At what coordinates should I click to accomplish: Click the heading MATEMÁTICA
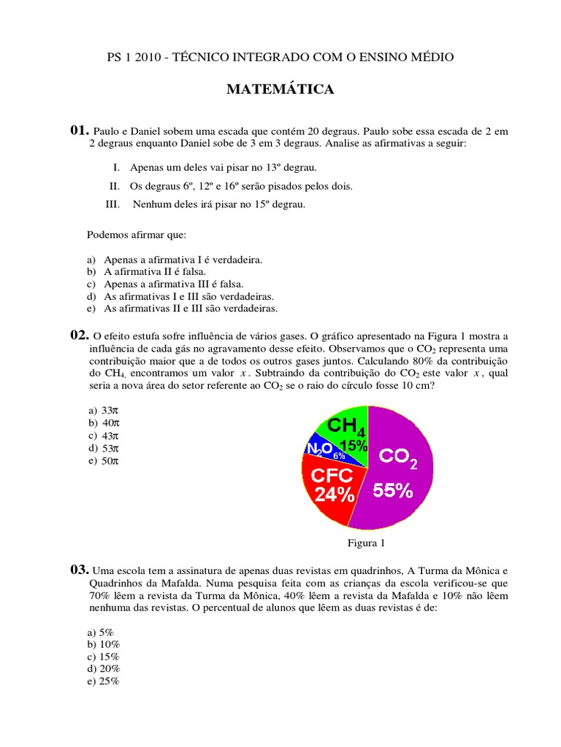click(280, 90)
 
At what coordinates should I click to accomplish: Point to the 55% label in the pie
click(393, 492)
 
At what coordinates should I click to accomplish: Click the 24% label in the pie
click(334, 495)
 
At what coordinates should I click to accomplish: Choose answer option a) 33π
click(103, 411)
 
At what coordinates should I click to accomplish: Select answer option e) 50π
click(103, 460)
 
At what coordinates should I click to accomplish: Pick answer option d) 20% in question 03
click(103, 669)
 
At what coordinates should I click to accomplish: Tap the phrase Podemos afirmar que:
click(137, 235)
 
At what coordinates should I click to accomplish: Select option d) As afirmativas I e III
click(188, 296)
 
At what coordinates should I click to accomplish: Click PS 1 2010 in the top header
click(134, 57)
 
